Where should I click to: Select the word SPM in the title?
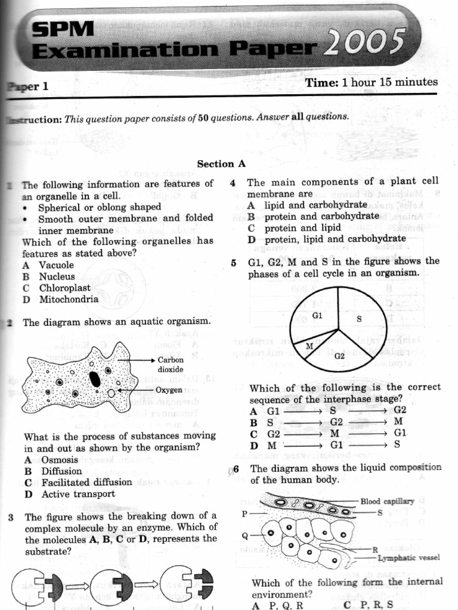[63, 29]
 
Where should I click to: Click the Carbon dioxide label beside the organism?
[170, 365]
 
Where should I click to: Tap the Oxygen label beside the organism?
[169, 390]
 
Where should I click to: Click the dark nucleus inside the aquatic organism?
[95, 379]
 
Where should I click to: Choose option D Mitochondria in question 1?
[60, 300]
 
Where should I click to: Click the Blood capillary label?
[387, 502]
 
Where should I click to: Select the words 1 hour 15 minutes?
[390, 82]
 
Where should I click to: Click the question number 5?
[234, 262]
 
